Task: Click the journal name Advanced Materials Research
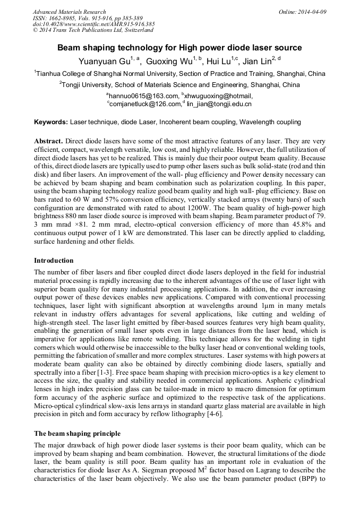click(69, 12)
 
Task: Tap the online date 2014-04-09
click(302, 12)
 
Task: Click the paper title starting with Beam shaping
click(179, 48)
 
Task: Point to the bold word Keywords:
click(51, 122)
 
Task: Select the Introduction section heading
click(54, 261)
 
